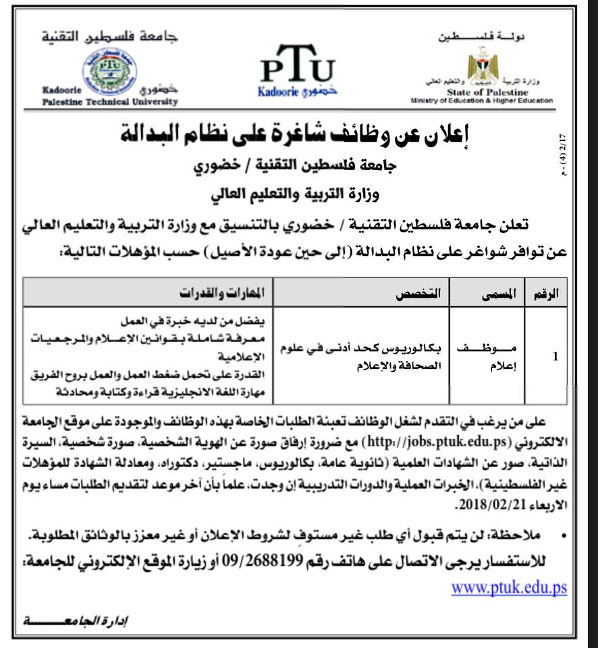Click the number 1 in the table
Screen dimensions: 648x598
point(555,356)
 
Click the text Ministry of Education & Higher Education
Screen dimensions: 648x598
point(481,101)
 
